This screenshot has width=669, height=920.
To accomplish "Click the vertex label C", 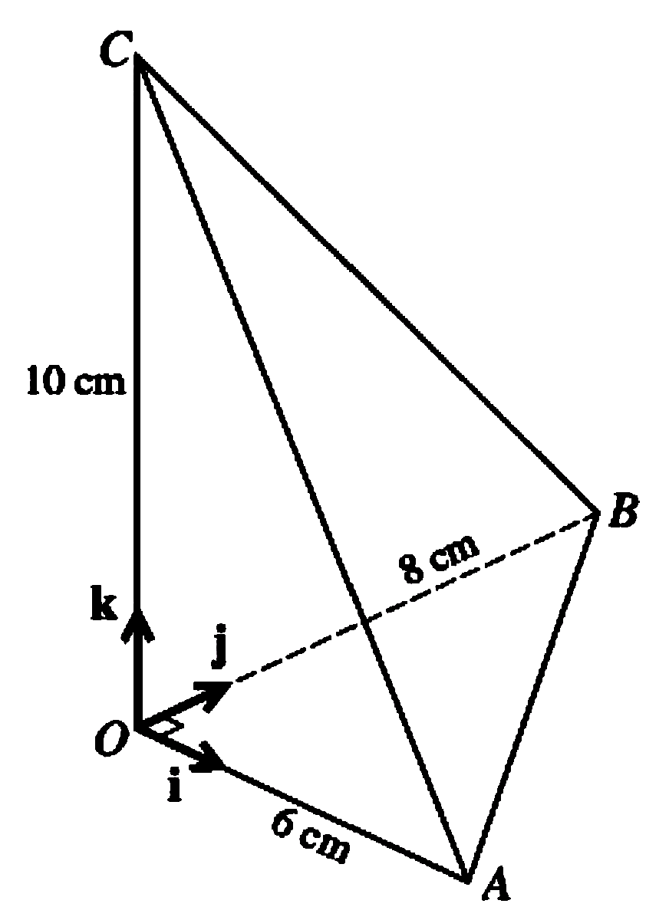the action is pyautogui.click(x=117, y=51).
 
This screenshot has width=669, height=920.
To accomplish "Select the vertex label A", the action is pyautogui.click(x=496, y=886).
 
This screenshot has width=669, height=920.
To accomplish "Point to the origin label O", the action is pyautogui.click(x=110, y=741).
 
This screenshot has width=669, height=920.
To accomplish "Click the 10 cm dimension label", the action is pyautogui.click(x=75, y=381).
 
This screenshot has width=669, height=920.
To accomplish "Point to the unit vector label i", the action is pyautogui.click(x=175, y=787).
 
